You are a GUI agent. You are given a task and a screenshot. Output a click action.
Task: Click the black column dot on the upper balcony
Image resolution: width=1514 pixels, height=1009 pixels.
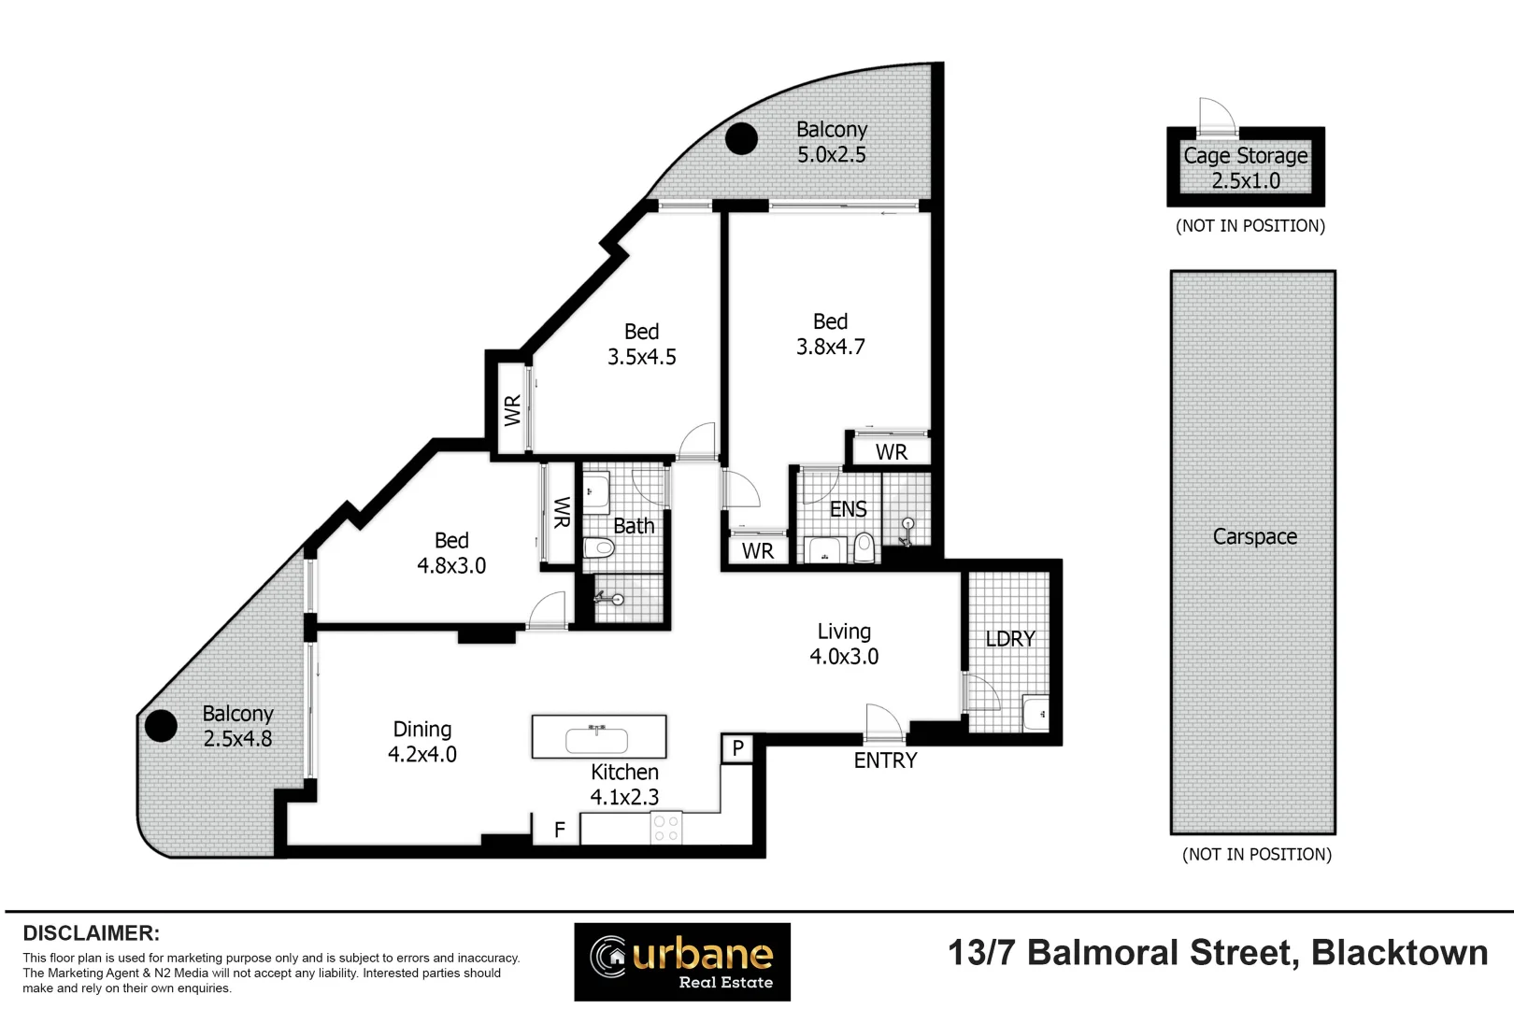(742, 139)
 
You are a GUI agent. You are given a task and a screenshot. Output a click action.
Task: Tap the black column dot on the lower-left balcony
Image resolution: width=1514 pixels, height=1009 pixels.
(161, 726)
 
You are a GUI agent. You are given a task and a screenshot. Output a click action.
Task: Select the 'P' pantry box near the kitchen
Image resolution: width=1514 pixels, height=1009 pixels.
(737, 748)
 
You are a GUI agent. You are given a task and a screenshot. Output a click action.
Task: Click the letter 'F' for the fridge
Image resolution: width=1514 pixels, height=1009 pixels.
(559, 830)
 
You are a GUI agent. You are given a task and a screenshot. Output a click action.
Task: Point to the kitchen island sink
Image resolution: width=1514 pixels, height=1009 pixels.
(597, 740)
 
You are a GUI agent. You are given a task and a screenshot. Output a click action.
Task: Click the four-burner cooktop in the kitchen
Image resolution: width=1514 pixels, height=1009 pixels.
(666, 828)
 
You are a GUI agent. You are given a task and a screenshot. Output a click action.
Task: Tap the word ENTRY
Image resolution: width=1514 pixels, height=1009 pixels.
(885, 760)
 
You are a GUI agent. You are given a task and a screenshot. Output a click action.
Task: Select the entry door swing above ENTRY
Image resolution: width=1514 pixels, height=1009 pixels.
(883, 722)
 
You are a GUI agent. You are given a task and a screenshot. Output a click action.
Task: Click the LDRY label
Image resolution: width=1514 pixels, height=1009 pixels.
(1010, 639)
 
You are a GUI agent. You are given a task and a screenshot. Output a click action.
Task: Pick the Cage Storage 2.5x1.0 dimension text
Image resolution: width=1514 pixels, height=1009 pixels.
(1246, 181)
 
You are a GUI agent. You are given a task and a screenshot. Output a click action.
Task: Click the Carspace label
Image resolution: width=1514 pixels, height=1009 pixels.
(1254, 537)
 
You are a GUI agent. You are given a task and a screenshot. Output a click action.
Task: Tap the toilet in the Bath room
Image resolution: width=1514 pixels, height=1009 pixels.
(598, 547)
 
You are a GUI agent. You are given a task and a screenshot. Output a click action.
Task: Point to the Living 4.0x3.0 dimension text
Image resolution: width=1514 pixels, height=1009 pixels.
(844, 657)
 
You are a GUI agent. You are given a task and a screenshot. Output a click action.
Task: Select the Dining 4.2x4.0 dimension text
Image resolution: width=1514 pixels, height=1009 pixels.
(422, 755)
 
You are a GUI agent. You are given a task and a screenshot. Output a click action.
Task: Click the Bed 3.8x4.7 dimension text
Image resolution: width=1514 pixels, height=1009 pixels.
(830, 347)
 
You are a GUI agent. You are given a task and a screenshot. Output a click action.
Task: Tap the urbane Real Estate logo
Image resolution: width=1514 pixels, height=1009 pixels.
(682, 961)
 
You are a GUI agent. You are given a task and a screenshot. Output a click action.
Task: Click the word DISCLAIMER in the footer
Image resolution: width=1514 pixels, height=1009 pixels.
(91, 933)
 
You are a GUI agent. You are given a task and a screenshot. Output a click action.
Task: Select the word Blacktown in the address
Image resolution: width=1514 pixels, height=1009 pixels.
(1399, 953)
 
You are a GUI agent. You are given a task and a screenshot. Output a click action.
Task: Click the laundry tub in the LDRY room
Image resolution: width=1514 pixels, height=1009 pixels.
(1036, 714)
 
